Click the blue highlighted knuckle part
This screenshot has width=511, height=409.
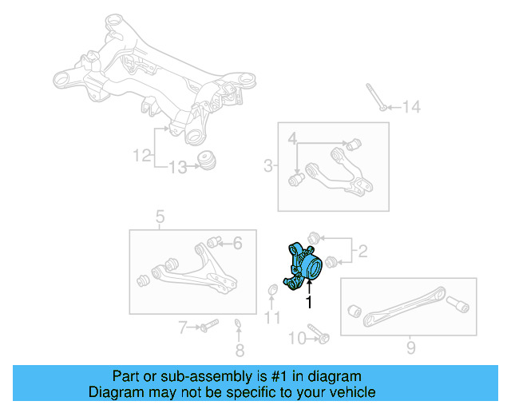point(303,264)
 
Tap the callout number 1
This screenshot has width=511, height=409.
point(308,301)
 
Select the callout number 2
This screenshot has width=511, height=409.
point(362,252)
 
